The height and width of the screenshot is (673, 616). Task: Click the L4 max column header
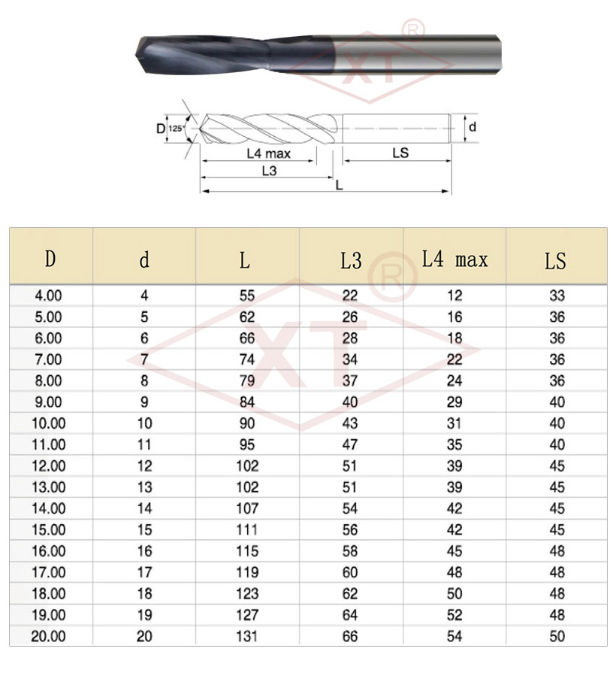(x=454, y=259)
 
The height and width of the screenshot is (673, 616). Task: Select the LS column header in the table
(x=556, y=260)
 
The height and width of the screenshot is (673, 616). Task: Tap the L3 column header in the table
(x=351, y=260)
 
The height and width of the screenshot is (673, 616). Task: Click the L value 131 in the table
(x=247, y=636)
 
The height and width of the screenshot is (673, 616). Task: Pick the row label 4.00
(x=48, y=296)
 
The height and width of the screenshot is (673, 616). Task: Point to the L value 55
(x=247, y=296)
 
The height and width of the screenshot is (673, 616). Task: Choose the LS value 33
(x=557, y=296)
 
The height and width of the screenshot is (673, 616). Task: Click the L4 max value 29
(x=454, y=402)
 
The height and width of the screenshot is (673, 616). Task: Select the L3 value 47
(x=350, y=444)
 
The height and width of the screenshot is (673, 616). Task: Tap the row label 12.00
(x=48, y=465)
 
